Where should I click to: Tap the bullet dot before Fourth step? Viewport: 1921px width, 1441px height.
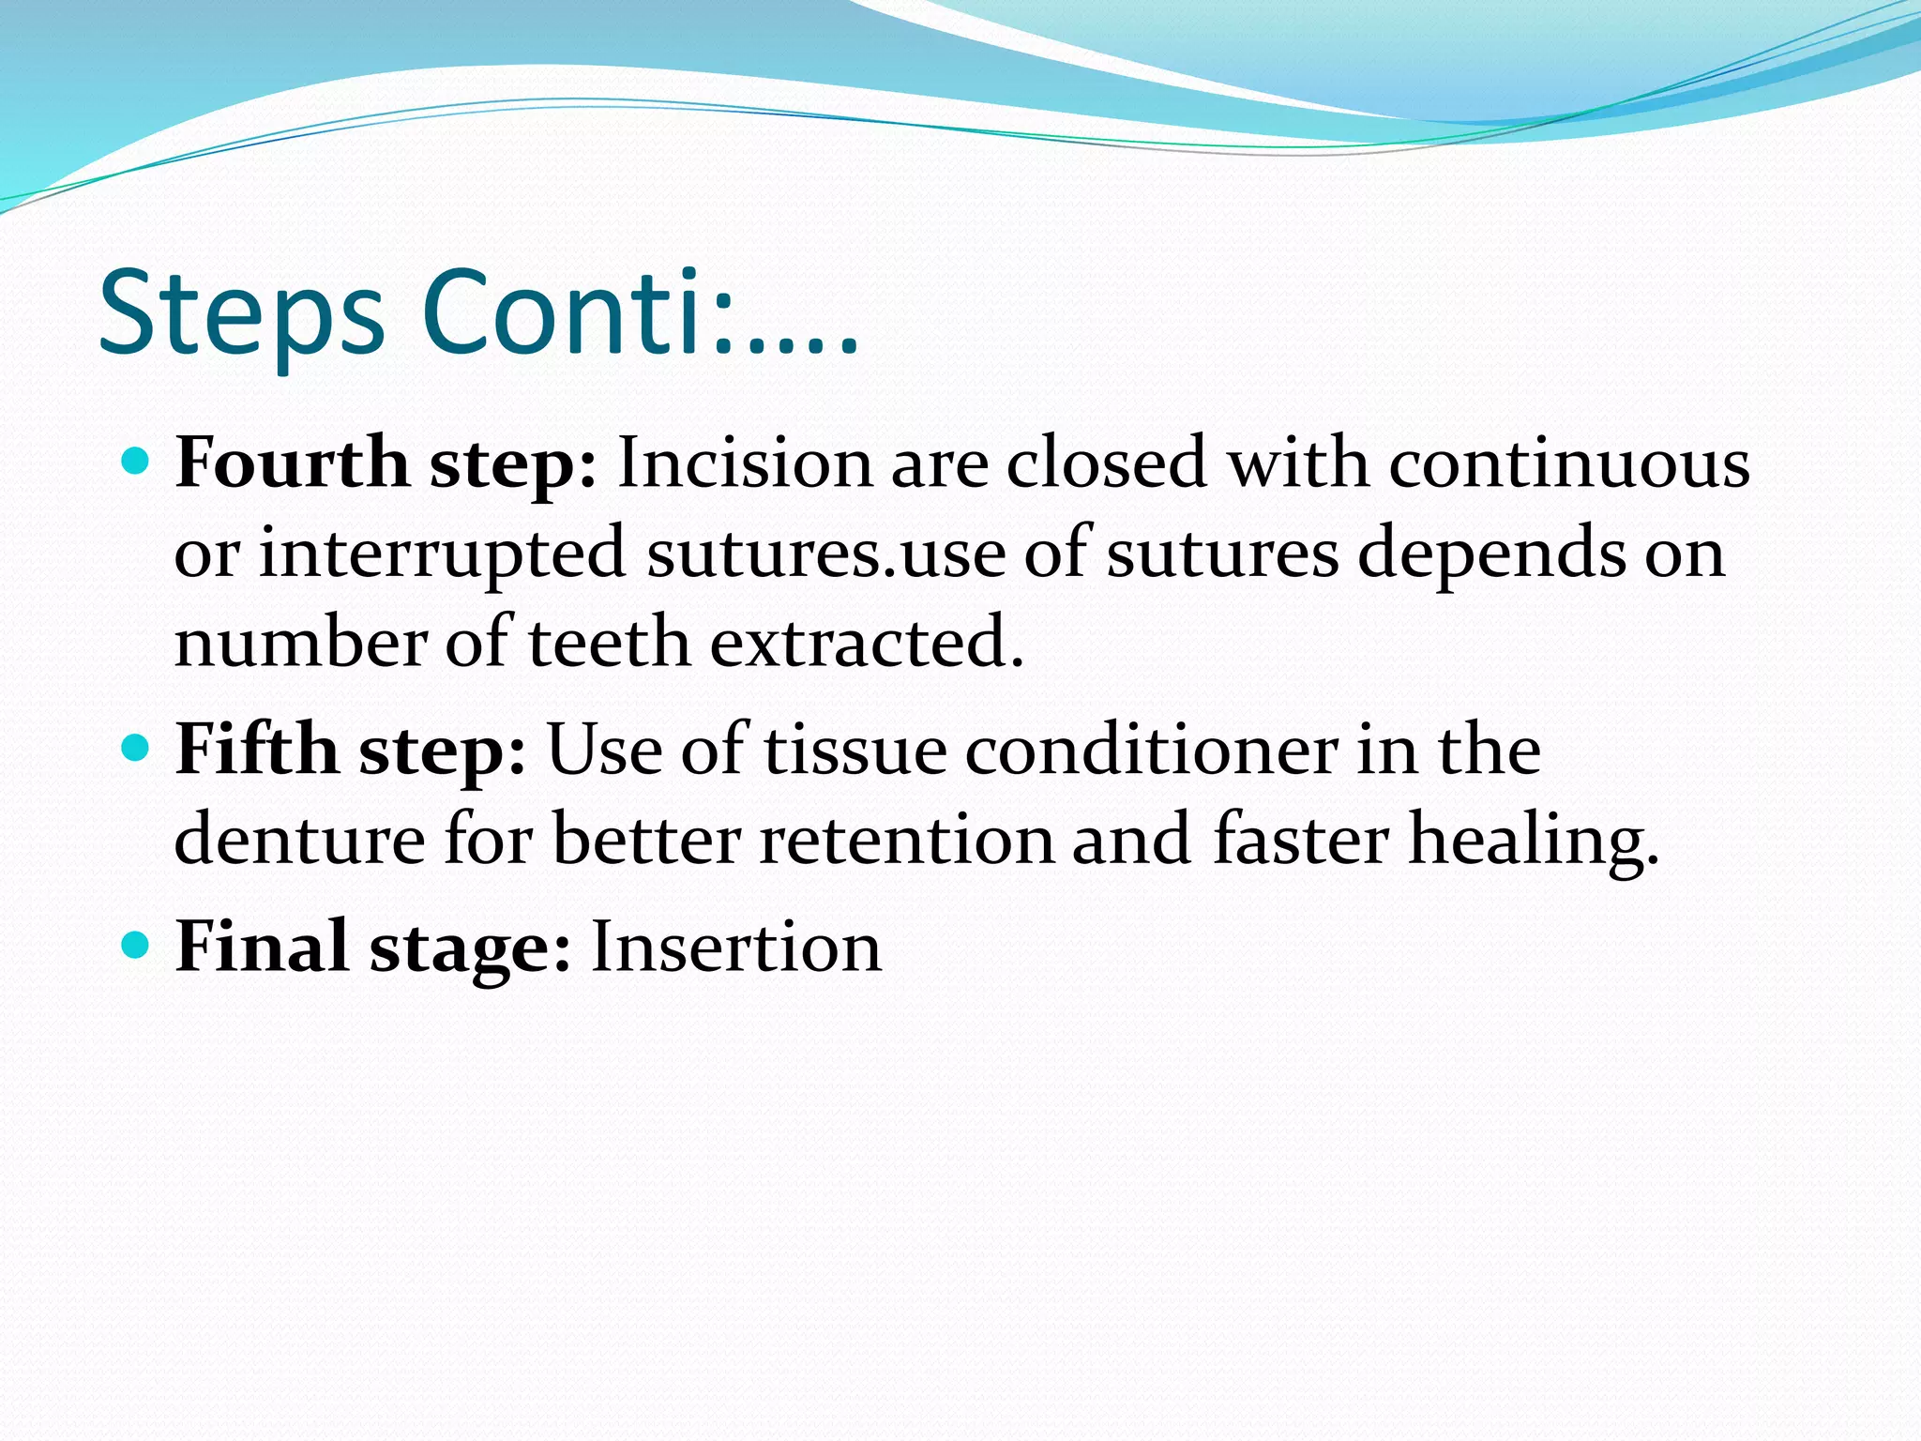point(137,462)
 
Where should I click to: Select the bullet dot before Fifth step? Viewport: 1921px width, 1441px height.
point(137,748)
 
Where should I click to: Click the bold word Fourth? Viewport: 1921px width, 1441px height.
point(292,463)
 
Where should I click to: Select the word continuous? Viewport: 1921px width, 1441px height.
point(1568,463)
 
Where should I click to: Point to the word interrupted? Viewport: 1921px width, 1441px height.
point(442,554)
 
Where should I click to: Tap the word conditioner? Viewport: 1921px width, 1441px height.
point(1151,750)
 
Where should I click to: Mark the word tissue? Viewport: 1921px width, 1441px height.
point(855,750)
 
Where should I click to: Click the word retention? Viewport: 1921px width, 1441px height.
point(906,839)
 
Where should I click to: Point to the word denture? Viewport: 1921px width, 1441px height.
point(299,839)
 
